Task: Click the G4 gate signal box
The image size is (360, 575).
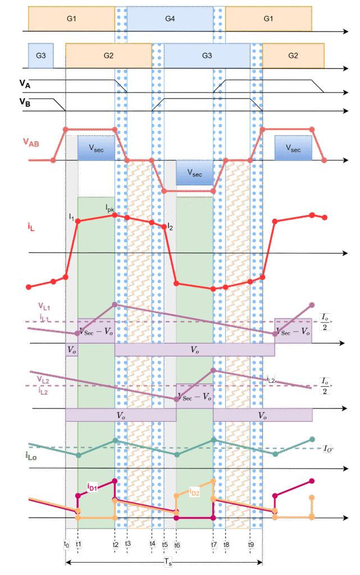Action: click(x=170, y=19)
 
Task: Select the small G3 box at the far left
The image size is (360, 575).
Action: click(x=40, y=55)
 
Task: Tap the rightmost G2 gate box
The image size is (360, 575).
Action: click(x=293, y=55)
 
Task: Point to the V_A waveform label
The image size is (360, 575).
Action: click(x=25, y=83)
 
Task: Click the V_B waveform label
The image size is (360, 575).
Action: click(x=25, y=102)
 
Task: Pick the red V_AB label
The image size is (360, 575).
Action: click(x=31, y=142)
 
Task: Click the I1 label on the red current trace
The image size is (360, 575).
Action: click(x=72, y=215)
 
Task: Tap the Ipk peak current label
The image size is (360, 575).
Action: click(x=110, y=208)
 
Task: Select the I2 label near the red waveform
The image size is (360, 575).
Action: click(x=170, y=227)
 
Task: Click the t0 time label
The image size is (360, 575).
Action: click(x=66, y=544)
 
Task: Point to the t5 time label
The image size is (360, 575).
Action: click(x=165, y=544)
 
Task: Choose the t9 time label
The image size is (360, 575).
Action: click(x=251, y=544)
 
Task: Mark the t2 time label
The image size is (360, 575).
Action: click(x=115, y=544)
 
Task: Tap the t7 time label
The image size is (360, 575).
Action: click(x=213, y=544)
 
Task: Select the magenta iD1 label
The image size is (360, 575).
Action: click(x=93, y=486)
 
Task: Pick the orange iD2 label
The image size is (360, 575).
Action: click(x=194, y=492)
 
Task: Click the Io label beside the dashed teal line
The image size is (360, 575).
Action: click(x=328, y=448)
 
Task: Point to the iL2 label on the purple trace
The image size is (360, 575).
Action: click(x=271, y=380)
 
